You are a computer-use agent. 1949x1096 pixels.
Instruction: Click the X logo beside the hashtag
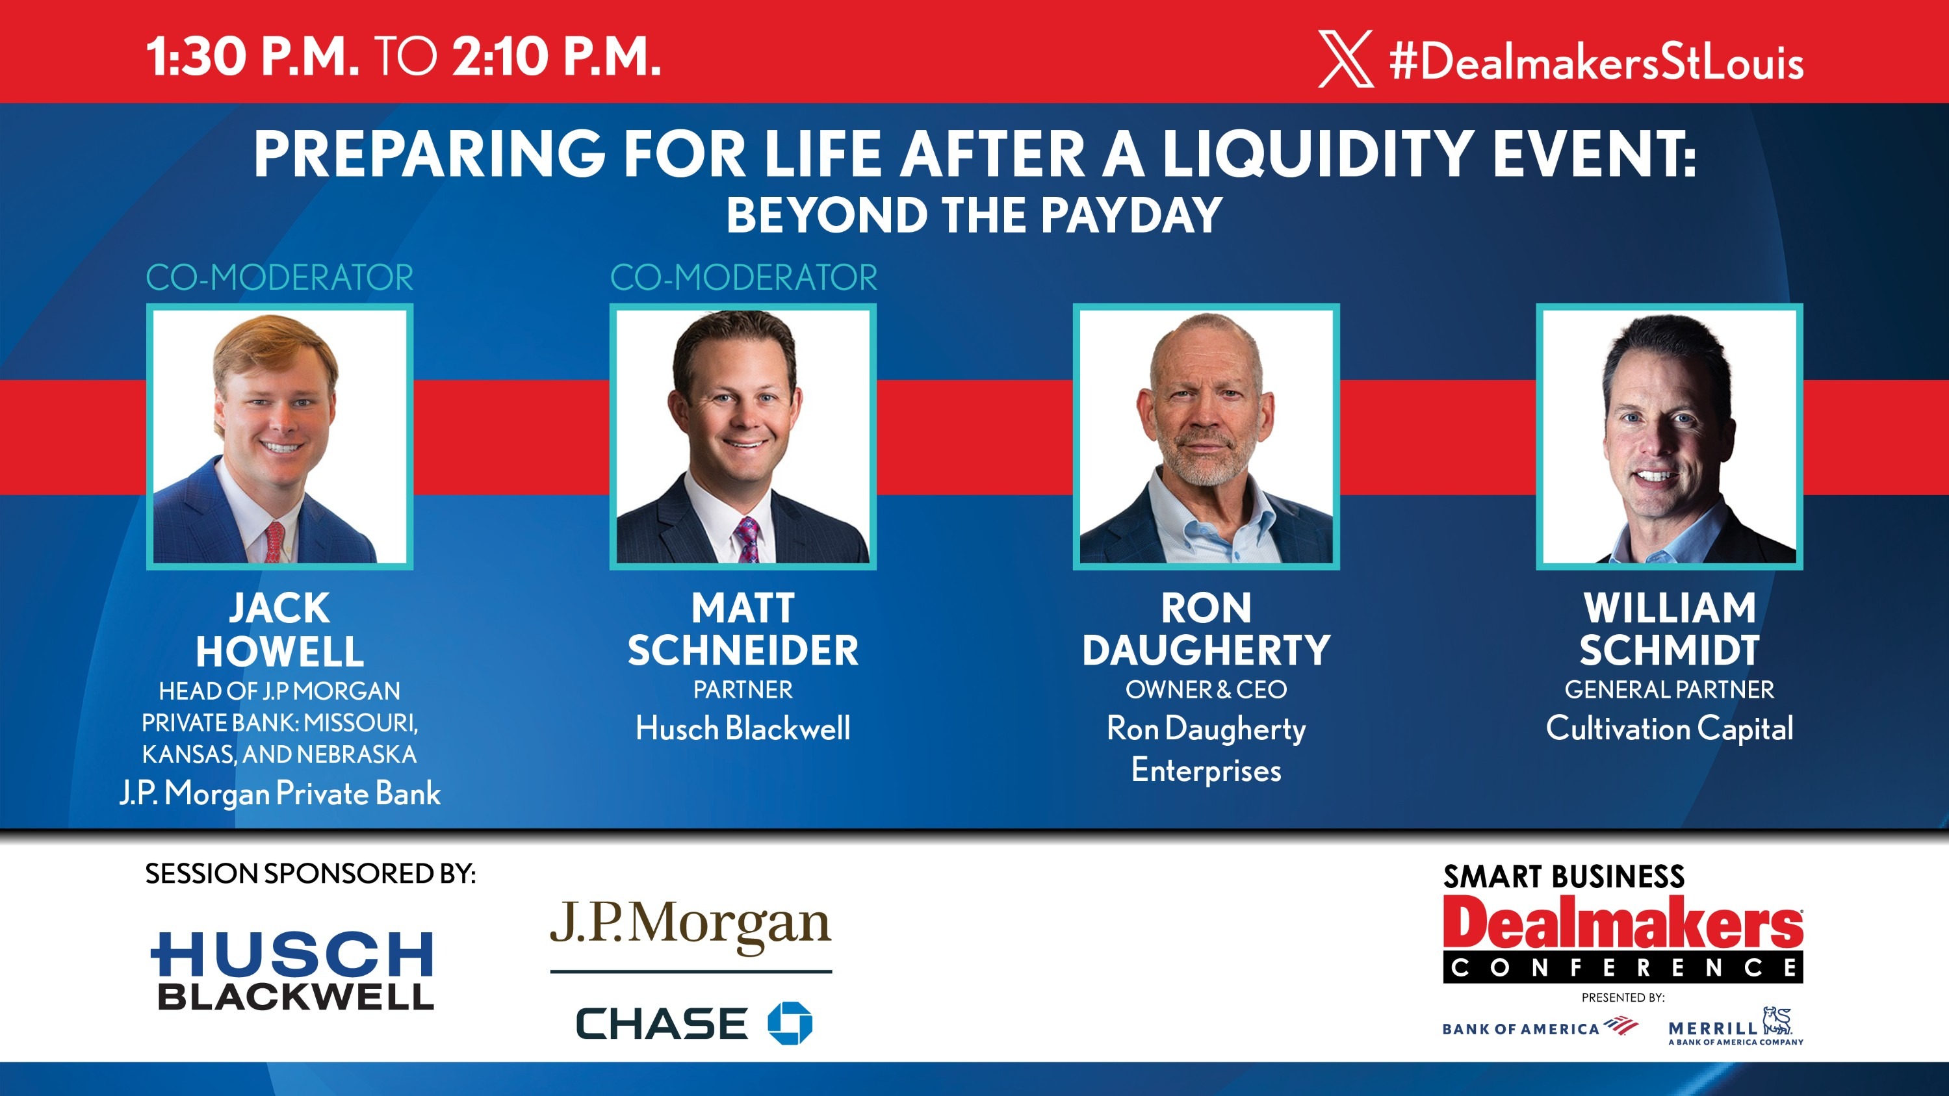coord(1345,59)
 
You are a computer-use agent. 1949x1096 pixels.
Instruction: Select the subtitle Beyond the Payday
coord(974,216)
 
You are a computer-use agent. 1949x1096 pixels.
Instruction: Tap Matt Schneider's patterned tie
coord(746,539)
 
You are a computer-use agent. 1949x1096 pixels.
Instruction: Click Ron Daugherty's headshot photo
coord(1206,437)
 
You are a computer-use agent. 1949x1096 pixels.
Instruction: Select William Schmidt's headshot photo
coord(1669,437)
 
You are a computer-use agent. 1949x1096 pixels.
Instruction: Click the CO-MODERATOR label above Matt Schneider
coord(743,277)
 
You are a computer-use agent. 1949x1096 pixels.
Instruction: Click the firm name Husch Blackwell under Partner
coord(743,728)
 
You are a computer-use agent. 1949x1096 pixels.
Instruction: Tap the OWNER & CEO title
coord(1206,690)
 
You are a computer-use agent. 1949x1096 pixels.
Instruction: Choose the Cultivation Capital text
coord(1669,728)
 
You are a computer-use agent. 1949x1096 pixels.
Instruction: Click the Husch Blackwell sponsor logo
coord(294,971)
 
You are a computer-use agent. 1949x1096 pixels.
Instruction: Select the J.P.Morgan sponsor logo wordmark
coord(690,925)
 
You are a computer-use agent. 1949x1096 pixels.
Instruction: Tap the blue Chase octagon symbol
coord(789,1023)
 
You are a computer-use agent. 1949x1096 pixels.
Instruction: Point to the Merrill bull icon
coord(1777,1021)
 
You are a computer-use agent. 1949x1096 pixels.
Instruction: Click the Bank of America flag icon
coord(1621,1026)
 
